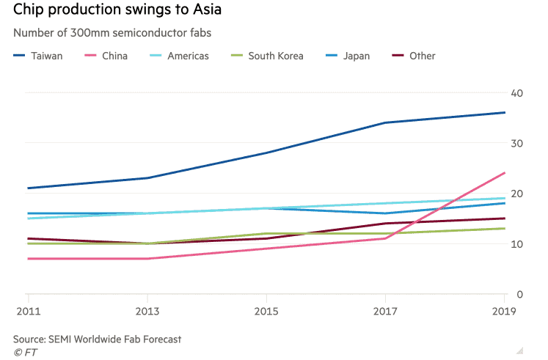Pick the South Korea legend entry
pyautogui.click(x=275, y=56)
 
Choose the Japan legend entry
pyautogui.click(x=356, y=56)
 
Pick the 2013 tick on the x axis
pyautogui.click(x=148, y=312)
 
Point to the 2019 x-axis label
pyautogui.click(x=505, y=312)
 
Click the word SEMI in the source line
pyautogui.click(x=65, y=339)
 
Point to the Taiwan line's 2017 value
pyautogui.click(x=386, y=122)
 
